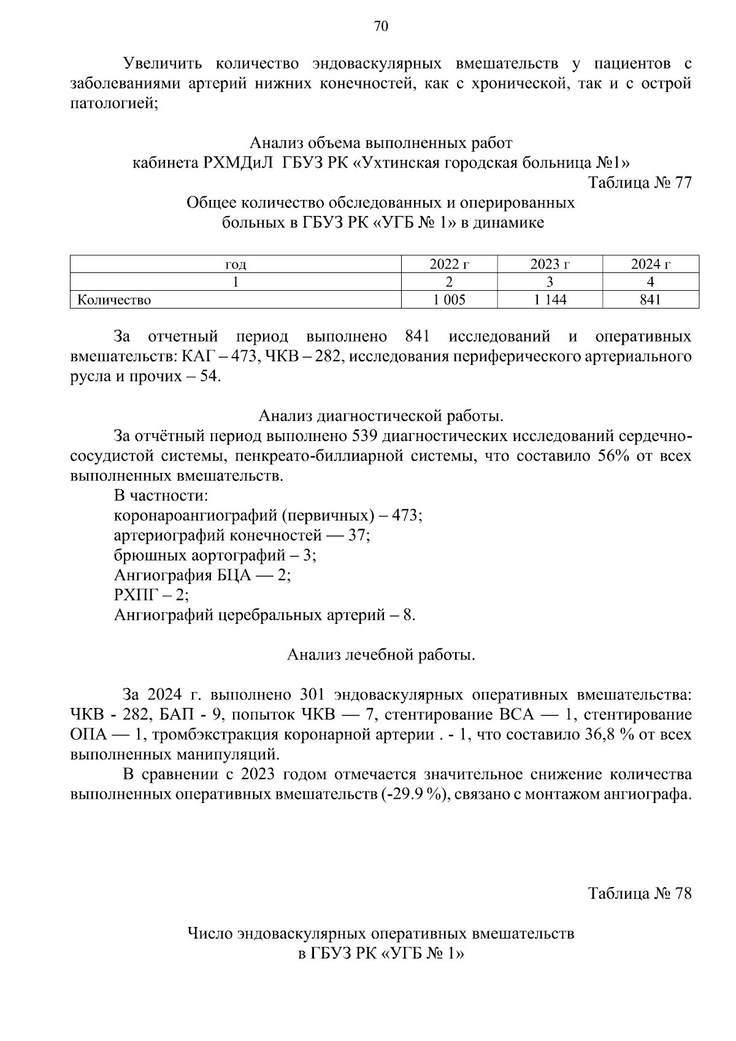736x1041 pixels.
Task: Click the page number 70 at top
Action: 380,26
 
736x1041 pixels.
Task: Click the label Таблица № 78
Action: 640,893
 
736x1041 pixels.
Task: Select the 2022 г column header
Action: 449,264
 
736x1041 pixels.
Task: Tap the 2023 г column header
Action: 550,264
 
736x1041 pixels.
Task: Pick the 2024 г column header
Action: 650,264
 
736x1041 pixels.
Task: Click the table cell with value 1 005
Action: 449,299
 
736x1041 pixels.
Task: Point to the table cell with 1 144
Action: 550,299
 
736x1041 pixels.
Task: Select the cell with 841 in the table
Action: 650,299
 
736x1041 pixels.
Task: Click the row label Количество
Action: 114,300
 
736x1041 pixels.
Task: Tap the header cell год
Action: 236,265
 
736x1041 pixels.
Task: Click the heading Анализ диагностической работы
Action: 380,416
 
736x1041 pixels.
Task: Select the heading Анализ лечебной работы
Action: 380,655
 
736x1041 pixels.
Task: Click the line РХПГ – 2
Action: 151,595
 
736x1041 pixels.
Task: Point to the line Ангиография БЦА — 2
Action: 202,575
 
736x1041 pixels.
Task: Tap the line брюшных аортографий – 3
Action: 215,555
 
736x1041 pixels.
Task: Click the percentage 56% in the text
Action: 615,456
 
